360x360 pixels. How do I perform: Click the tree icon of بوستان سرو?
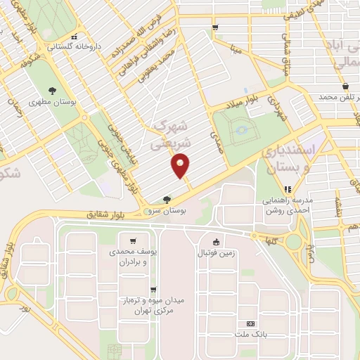(x=167, y=199)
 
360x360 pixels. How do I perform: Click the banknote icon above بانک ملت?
(x=250, y=323)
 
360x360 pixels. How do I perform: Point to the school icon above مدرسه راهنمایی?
(x=288, y=188)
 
